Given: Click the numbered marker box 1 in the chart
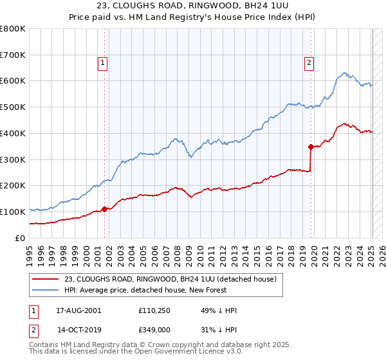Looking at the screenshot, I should [x=103, y=62].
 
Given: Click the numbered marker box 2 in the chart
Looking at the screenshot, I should [x=309, y=62].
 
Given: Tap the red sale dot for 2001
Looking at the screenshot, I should [x=104, y=208].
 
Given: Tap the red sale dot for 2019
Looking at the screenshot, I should [x=311, y=147].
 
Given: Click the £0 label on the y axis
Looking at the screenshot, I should [x=21, y=238].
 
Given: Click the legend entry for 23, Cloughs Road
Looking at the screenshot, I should [x=170, y=279].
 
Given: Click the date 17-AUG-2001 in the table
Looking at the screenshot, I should [x=78, y=310].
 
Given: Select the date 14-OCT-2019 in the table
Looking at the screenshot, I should [x=78, y=330].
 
